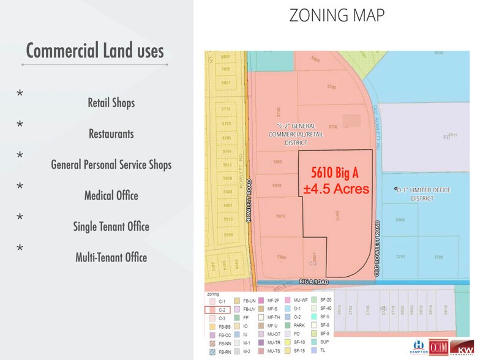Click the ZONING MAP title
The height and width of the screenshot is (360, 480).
(337, 15)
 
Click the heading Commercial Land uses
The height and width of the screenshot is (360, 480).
(95, 50)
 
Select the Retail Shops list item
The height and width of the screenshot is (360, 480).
(111, 102)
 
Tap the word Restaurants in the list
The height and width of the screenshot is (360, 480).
(111, 133)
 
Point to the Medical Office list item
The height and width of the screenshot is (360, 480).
(111, 196)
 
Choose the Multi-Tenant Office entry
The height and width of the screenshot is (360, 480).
(111, 257)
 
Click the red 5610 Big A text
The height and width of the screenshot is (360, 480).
(336, 172)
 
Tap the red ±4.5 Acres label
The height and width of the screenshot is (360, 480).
(336, 189)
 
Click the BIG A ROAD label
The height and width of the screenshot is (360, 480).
(313, 282)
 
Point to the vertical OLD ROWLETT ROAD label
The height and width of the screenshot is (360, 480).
(378, 247)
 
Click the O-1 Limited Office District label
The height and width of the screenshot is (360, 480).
(422, 193)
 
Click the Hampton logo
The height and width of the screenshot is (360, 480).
(420, 348)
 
